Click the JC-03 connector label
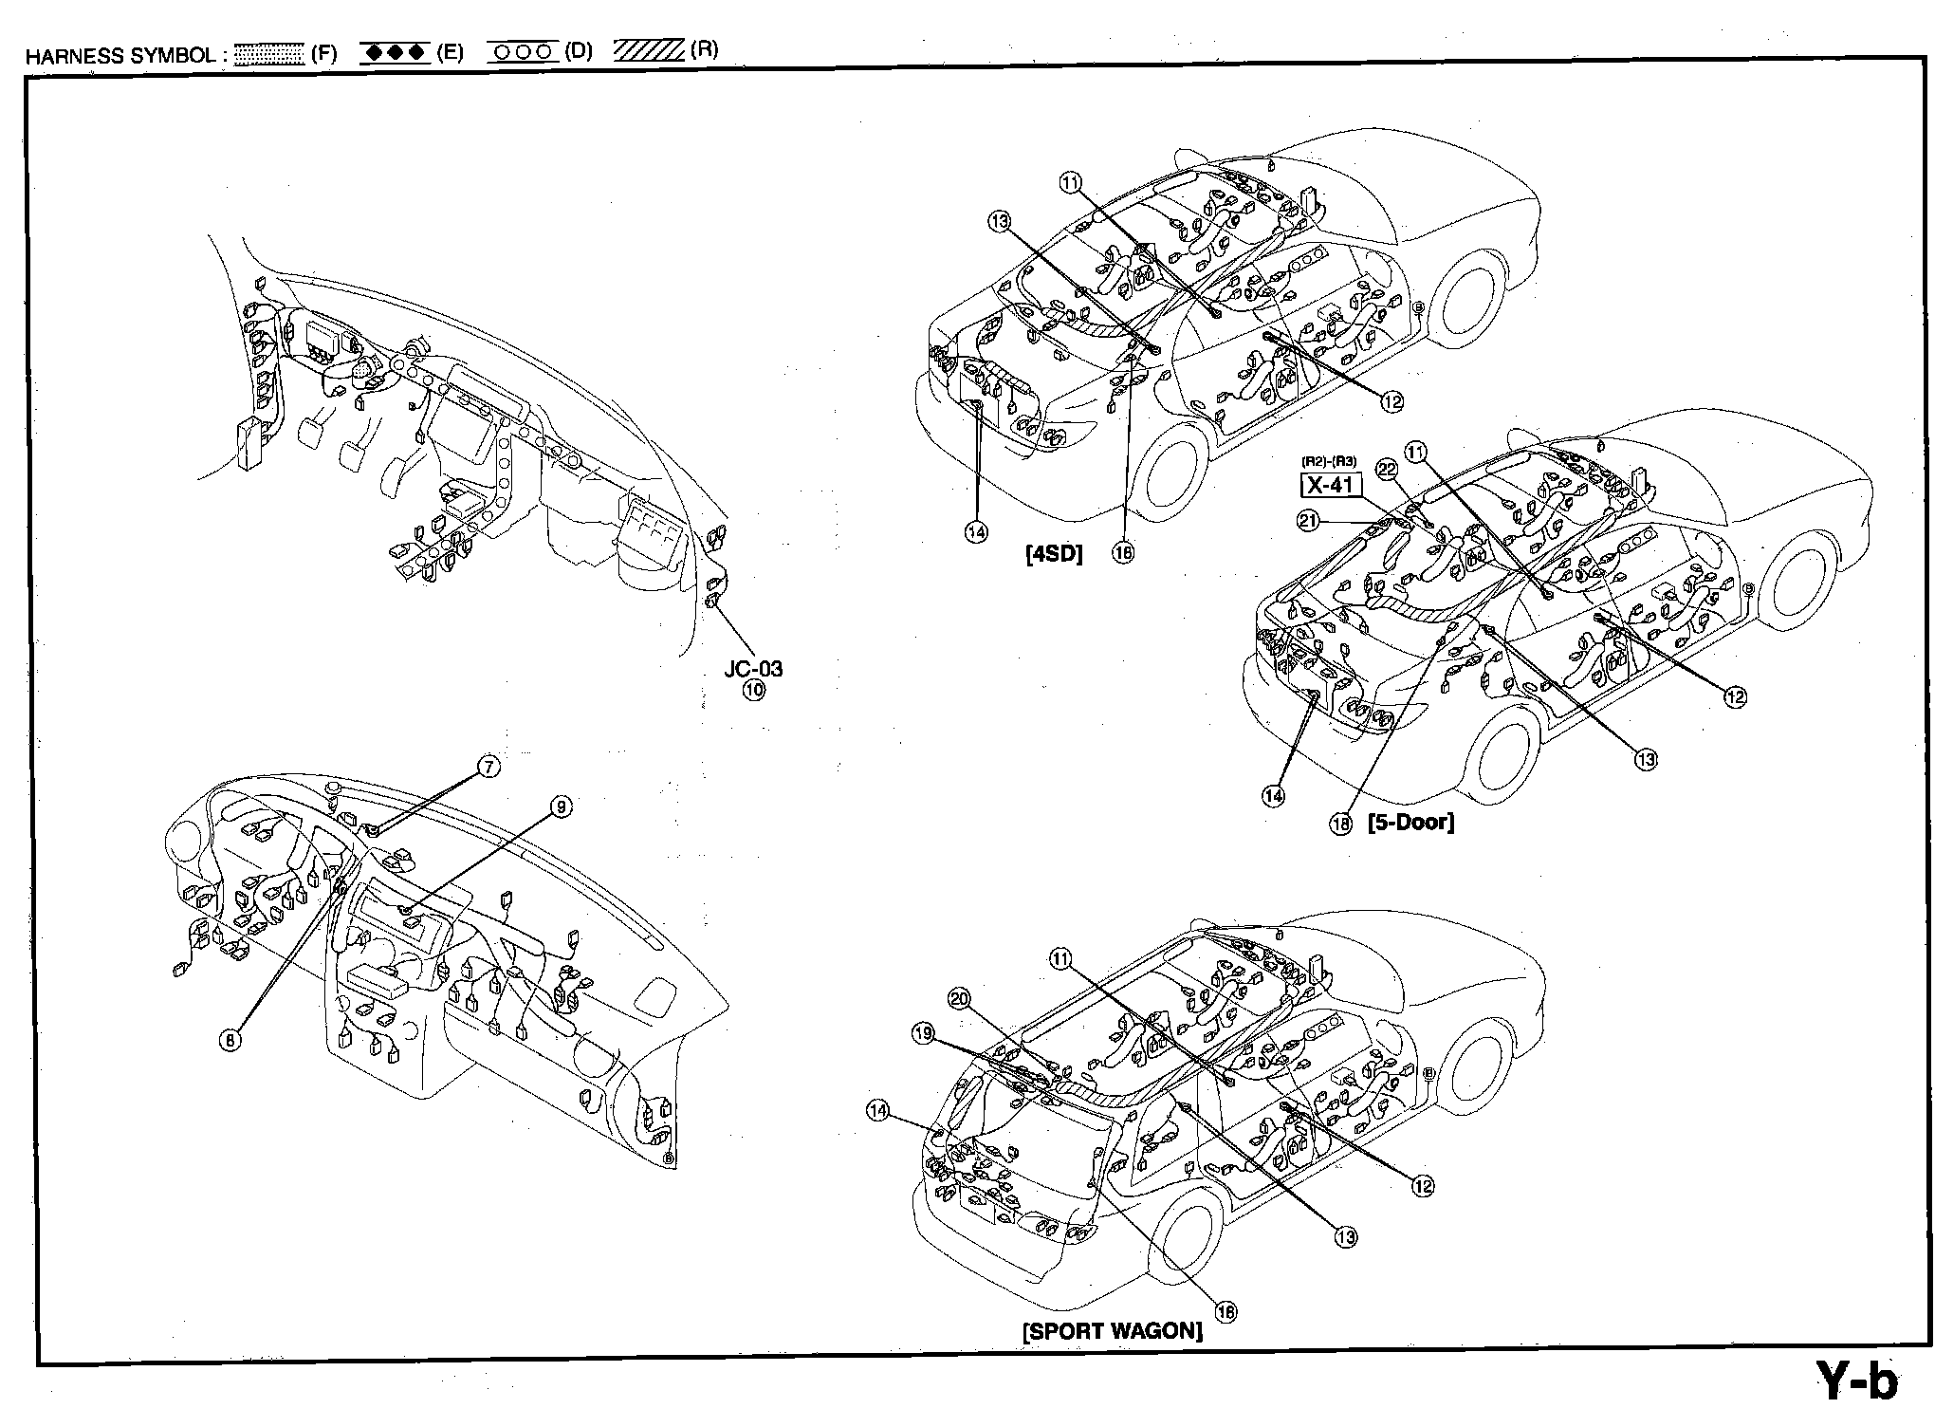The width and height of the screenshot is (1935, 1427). point(753,669)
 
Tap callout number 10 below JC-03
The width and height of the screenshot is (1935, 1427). point(753,690)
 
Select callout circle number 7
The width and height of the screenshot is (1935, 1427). point(488,767)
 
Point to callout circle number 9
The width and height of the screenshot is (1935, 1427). point(562,806)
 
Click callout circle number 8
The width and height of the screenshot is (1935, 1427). point(230,1040)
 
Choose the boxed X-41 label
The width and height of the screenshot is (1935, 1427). point(1330,486)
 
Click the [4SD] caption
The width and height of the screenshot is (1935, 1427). point(1054,554)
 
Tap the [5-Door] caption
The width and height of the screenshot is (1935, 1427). point(1410,822)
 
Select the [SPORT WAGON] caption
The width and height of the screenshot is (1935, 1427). point(1112,1330)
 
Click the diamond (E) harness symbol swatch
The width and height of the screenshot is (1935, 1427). point(396,53)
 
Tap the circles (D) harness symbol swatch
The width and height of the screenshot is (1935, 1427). point(523,52)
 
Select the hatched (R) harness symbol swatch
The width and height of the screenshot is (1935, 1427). point(649,50)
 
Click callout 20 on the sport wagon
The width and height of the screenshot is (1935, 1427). point(959,997)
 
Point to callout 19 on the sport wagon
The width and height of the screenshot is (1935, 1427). point(922,1033)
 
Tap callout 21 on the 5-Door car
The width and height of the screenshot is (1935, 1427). point(1309,520)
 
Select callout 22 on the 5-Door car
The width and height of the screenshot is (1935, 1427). point(1387,470)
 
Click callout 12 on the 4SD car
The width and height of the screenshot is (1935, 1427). point(1391,402)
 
